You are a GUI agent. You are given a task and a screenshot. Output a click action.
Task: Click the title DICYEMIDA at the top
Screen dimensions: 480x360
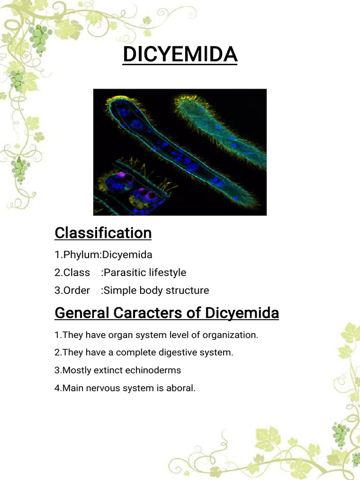(x=180, y=55)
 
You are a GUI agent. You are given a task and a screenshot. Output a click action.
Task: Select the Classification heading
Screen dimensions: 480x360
(x=103, y=233)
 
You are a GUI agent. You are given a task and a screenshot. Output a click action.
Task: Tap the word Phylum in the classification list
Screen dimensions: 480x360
(x=76, y=255)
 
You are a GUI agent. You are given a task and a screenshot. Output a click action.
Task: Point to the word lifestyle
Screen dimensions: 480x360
(x=166, y=273)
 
